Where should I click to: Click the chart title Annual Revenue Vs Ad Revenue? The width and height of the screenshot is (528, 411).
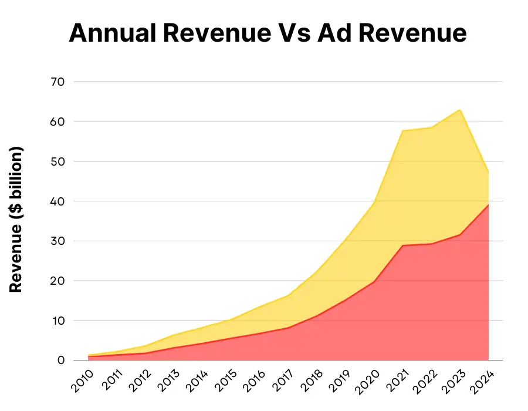(x=268, y=33)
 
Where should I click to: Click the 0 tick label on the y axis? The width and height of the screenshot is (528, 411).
(x=60, y=361)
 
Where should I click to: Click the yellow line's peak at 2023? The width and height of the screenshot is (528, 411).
(x=460, y=110)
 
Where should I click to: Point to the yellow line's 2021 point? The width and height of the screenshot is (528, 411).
(x=403, y=130)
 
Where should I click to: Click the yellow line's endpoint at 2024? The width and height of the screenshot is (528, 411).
(x=489, y=171)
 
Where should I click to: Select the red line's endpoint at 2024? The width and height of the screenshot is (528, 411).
(x=489, y=204)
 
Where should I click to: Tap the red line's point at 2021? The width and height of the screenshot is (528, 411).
(x=403, y=245)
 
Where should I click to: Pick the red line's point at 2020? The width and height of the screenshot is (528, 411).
(x=374, y=282)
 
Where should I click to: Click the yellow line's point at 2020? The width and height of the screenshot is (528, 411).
(x=374, y=203)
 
